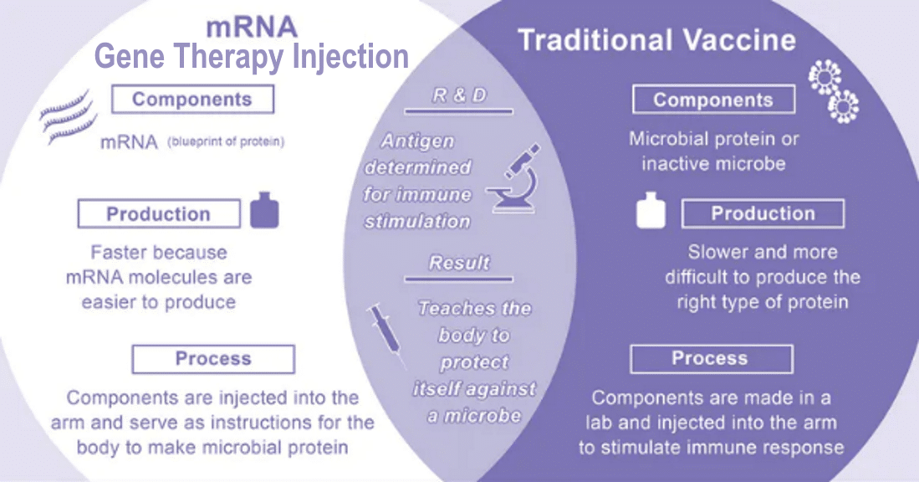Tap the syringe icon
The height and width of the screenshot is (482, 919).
click(385, 335)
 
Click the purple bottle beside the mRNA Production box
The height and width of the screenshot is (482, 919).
click(264, 210)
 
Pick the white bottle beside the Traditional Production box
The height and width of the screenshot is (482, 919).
click(651, 210)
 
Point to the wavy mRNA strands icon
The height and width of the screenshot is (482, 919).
click(68, 116)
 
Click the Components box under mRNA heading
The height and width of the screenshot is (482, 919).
click(193, 99)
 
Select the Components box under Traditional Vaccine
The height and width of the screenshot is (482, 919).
click(714, 100)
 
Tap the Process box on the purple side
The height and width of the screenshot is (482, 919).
click(712, 359)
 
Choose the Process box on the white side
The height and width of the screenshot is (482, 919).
click(213, 359)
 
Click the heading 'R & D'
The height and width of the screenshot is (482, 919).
click(460, 95)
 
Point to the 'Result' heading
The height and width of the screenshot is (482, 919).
click(459, 263)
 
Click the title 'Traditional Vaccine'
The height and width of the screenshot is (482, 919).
click(657, 40)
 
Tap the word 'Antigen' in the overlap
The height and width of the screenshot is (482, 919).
click(418, 141)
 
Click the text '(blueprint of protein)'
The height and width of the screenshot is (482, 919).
click(227, 142)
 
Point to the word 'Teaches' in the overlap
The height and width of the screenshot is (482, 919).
click(451, 309)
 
